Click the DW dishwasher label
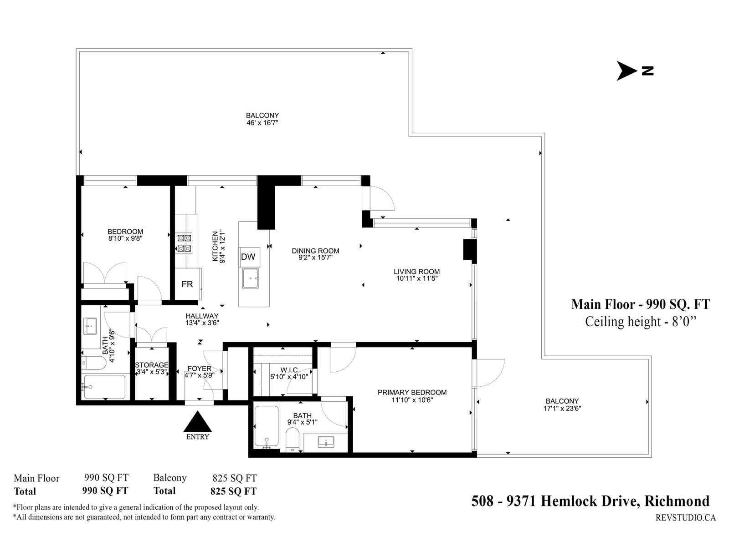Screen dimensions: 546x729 (248, 257)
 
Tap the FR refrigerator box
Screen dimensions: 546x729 (187, 284)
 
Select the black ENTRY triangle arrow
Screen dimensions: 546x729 (198, 422)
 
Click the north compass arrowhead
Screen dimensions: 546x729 (627, 71)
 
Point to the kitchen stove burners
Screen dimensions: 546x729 (185, 243)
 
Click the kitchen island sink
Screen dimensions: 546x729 (251, 278)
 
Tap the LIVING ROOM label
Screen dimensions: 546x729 (416, 272)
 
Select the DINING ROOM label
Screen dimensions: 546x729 (315, 251)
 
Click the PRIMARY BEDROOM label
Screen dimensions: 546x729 (412, 392)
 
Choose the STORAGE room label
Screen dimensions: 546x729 (152, 365)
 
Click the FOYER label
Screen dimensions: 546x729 (200, 369)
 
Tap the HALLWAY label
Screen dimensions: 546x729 (202, 316)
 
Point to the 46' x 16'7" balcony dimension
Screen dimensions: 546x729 (262, 122)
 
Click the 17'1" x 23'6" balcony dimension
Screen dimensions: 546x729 (562, 408)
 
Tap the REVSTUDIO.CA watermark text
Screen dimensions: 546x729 (685, 517)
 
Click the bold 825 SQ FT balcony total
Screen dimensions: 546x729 (233, 491)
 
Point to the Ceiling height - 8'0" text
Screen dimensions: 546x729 (641, 322)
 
